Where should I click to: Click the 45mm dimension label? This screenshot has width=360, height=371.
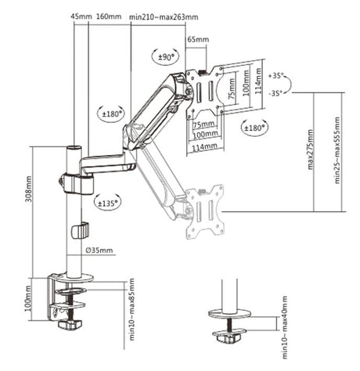[x=80, y=16]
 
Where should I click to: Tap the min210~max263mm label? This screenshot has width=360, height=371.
[x=164, y=16]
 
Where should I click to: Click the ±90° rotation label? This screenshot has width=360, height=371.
[x=165, y=56]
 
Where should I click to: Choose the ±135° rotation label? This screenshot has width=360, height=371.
[x=110, y=201]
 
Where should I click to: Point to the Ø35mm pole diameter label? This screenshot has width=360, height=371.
[x=101, y=250]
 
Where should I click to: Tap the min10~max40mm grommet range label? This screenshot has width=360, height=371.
[x=284, y=323]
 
